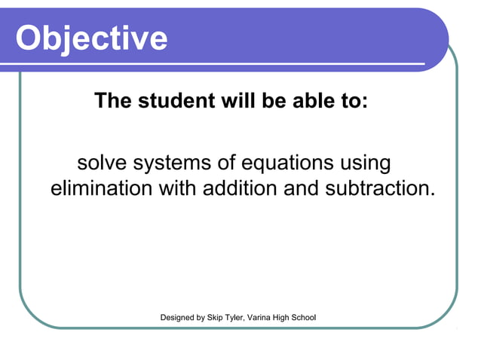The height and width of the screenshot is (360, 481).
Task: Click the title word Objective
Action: [x=91, y=38]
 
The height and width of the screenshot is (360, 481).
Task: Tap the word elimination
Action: [x=101, y=188]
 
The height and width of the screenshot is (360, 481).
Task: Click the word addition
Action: [x=240, y=188]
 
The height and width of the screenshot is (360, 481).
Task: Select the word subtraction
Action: [x=380, y=188]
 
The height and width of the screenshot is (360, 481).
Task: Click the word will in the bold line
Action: [x=236, y=101]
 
